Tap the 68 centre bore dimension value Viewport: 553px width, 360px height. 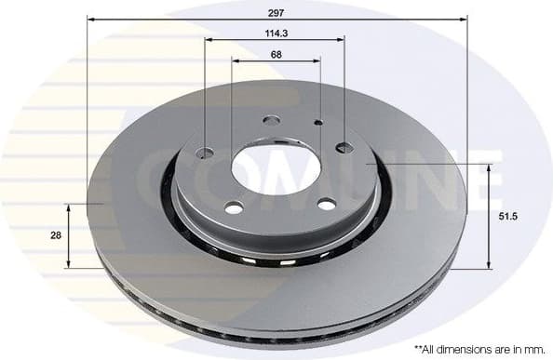[276, 53]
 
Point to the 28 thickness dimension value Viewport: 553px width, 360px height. [56, 235]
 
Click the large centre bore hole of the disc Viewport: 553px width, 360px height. [276, 167]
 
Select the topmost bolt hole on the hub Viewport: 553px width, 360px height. [272, 119]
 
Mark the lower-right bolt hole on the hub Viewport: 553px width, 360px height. [325, 205]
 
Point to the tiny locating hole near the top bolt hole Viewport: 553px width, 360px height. [318, 122]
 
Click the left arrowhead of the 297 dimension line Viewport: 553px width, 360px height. [91, 19]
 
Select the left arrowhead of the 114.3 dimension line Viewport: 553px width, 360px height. [209, 40]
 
